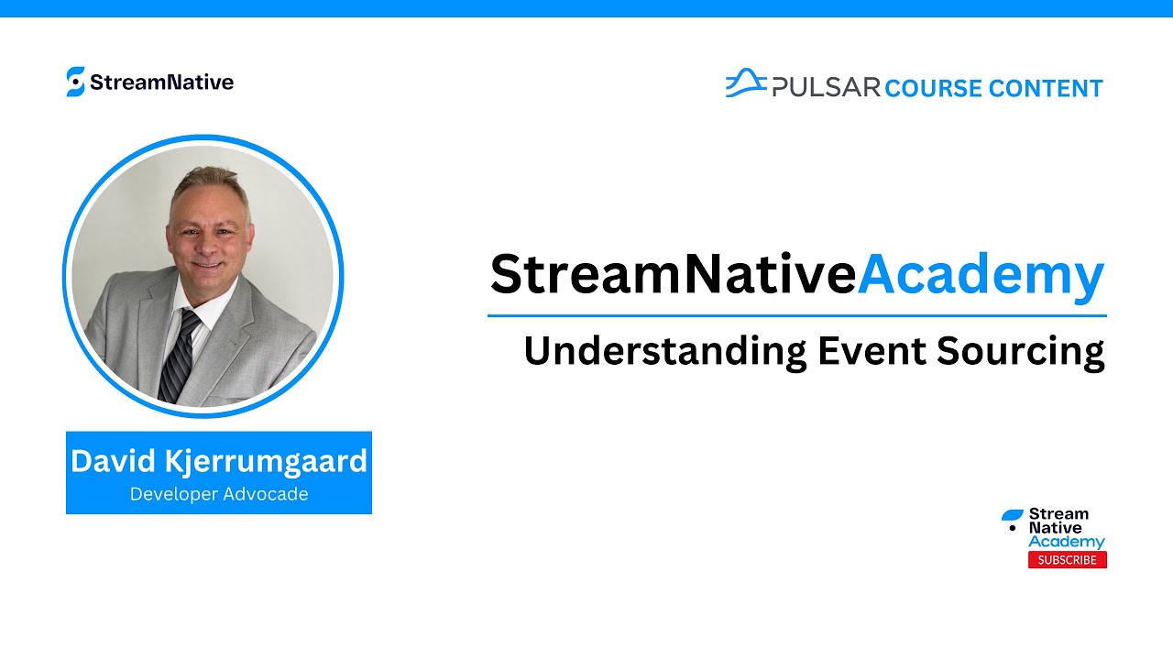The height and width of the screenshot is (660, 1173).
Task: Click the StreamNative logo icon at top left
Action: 76,82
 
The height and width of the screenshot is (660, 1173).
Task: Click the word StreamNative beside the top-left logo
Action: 162,82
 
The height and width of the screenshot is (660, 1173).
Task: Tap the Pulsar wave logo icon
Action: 746,83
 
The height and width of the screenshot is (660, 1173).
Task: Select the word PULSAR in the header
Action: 826,88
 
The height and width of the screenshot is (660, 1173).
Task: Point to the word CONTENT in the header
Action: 1046,89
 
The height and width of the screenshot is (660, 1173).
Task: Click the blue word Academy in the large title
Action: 981,275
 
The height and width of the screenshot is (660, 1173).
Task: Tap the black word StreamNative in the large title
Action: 673,275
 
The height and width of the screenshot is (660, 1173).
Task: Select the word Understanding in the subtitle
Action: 665,352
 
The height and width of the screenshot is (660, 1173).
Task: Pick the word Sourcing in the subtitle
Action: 1018,352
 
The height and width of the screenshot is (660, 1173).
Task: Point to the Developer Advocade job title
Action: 219,494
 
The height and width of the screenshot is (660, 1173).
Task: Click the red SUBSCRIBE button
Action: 1067,560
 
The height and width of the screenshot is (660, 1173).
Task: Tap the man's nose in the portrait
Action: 208,240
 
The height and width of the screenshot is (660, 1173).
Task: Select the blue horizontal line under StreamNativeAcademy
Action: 796,315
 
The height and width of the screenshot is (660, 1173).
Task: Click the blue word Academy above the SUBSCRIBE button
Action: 1066,542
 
